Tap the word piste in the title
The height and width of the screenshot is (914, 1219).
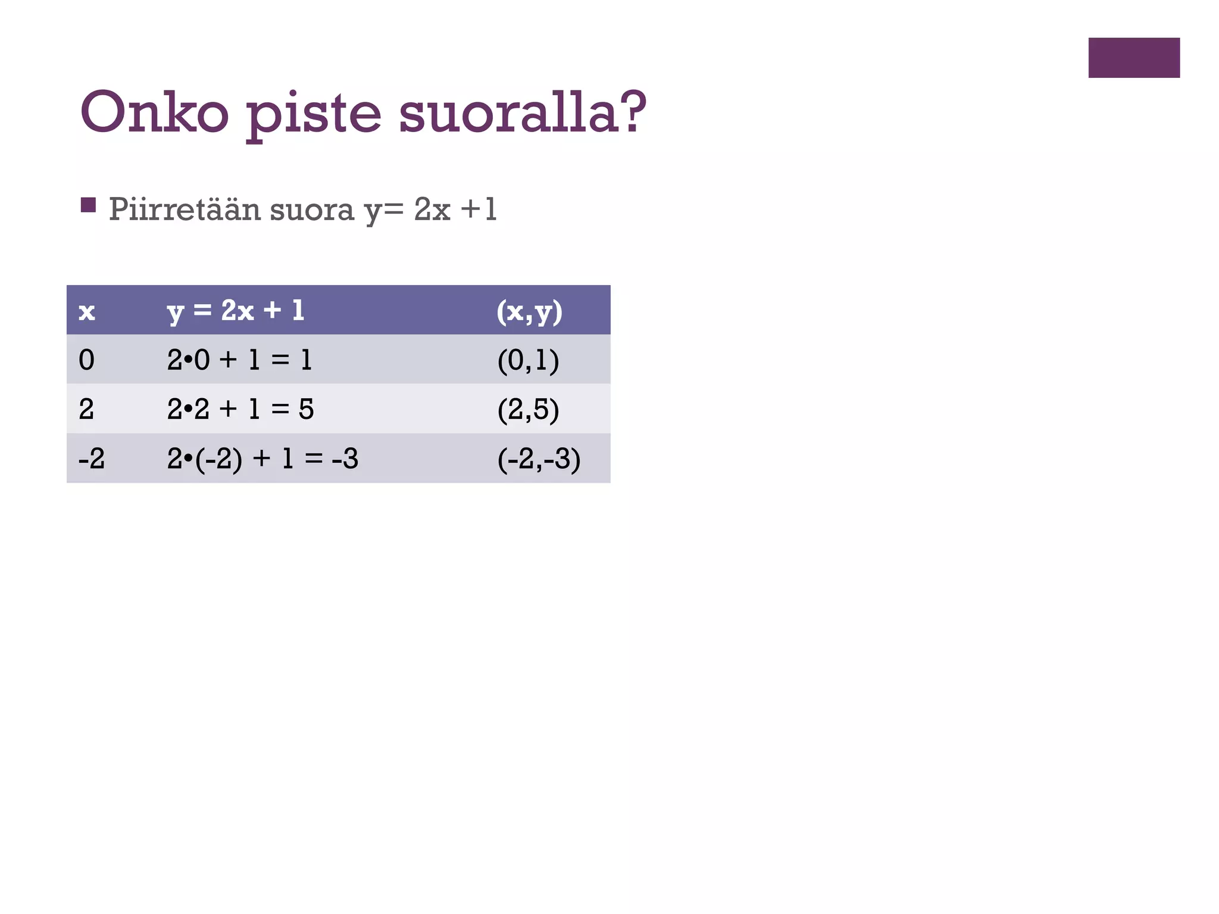point(314,114)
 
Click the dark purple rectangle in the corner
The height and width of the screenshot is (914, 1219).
point(1134,58)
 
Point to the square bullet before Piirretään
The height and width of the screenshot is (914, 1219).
point(88,205)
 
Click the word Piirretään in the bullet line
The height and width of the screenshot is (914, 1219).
point(185,209)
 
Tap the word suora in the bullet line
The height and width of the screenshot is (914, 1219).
point(312,210)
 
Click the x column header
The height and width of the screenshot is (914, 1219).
point(87,311)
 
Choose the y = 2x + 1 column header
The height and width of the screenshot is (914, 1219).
point(236,311)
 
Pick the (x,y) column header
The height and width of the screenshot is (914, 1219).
point(529,311)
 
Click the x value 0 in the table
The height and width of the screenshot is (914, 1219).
point(87,360)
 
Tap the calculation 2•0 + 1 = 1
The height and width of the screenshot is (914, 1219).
point(239,360)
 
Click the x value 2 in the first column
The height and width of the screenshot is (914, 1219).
point(87,409)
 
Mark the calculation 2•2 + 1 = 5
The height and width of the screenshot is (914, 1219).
point(240,409)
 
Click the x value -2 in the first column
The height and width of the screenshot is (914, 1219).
point(92,459)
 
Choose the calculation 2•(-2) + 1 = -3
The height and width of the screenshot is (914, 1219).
point(262,459)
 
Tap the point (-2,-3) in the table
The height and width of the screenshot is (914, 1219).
point(539,459)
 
